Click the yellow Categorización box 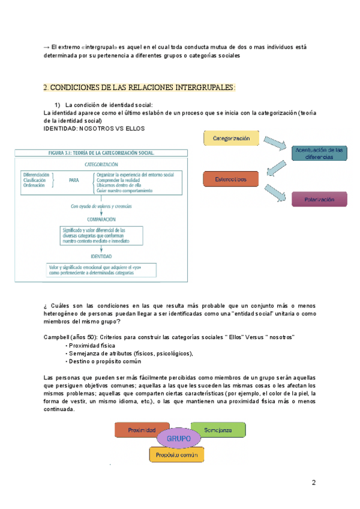pos(231,139)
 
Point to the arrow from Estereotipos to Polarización pos(275,191)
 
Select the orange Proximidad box pos(142,430)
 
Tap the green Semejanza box pos(218,430)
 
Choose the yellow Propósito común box pos(176,455)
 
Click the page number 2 pos(313,483)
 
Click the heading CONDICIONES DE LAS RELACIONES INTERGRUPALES pos(139,88)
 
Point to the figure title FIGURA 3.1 pos(97,152)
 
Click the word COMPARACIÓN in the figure pos(101,219)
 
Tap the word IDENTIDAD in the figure pos(101,256)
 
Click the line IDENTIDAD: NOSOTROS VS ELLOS pos(95,128)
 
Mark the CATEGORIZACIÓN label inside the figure pos(101,164)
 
